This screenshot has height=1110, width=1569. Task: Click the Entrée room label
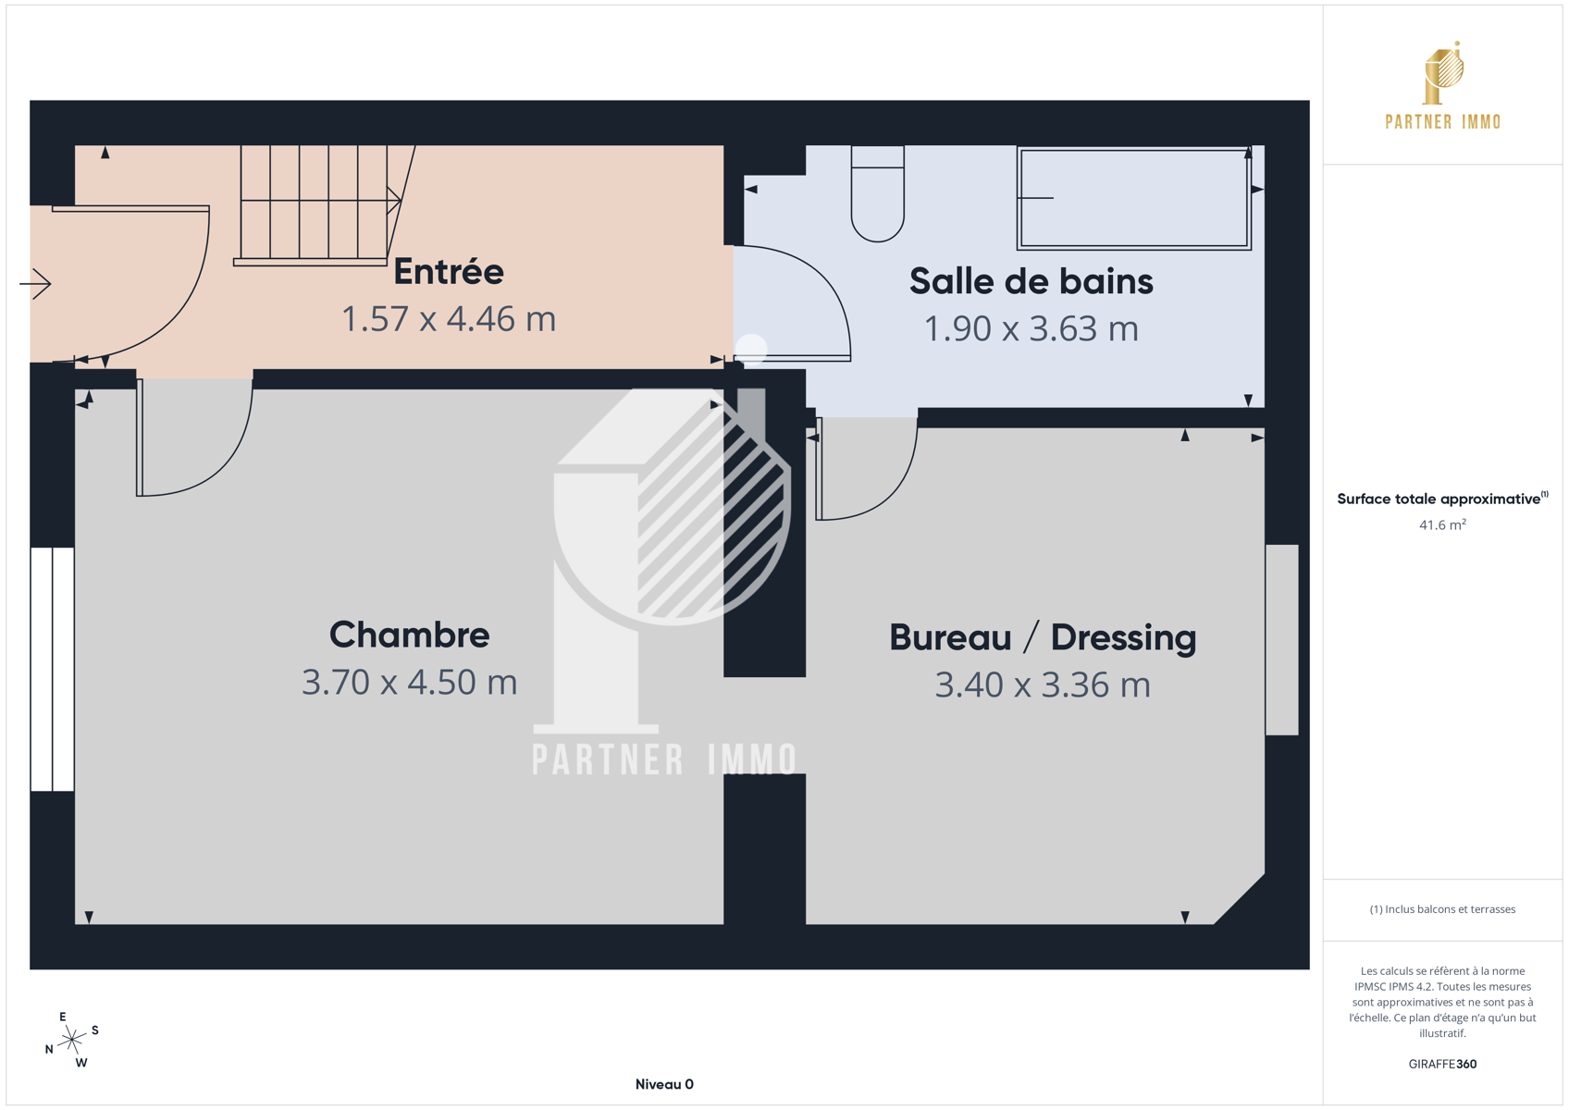click(449, 271)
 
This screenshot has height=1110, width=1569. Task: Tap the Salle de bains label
click(1032, 281)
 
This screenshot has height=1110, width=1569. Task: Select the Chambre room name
click(409, 635)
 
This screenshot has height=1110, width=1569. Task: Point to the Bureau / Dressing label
click(1043, 637)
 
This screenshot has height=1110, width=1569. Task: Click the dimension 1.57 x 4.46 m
click(449, 318)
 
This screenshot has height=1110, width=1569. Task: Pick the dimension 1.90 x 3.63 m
click(1032, 328)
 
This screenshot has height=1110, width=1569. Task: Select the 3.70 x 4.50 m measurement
click(409, 682)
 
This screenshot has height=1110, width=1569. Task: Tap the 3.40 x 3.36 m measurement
click(1043, 684)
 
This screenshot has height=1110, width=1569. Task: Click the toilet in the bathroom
click(878, 193)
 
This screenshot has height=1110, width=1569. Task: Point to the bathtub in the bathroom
click(1134, 198)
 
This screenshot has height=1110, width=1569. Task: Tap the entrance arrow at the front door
click(35, 284)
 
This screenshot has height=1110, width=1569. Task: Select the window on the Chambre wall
click(53, 669)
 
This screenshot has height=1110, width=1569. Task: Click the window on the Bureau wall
click(1282, 640)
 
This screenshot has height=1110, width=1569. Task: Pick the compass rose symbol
click(72, 1040)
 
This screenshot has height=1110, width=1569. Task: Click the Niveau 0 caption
click(664, 1084)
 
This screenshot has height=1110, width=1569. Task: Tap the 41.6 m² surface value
click(1442, 524)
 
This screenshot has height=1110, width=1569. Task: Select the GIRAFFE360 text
click(1442, 1064)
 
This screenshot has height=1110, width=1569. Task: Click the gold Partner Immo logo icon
click(1443, 73)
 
